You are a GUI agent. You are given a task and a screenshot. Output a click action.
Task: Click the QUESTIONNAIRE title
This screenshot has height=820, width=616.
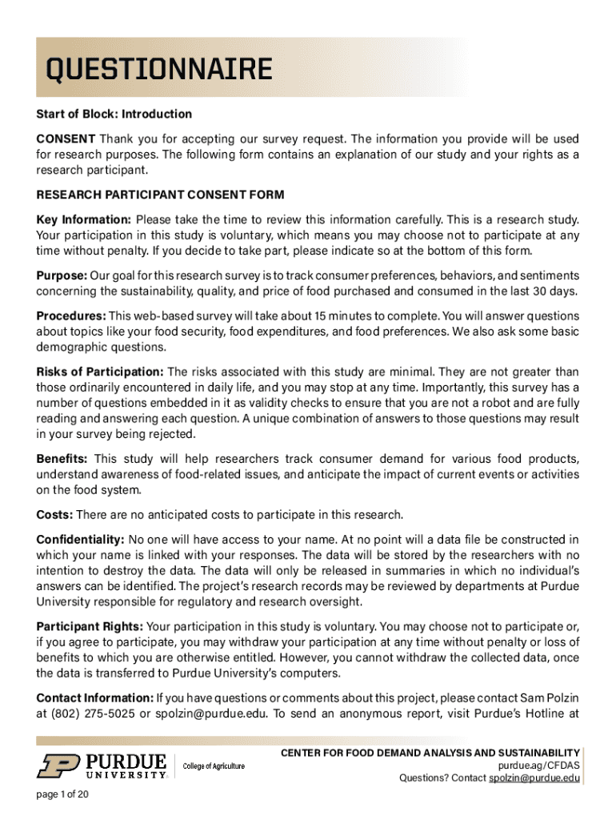pos(158,70)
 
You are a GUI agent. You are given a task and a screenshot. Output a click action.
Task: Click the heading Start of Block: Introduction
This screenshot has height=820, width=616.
pos(114,114)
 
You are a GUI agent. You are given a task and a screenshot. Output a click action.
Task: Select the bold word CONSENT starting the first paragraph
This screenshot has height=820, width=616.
pos(66,139)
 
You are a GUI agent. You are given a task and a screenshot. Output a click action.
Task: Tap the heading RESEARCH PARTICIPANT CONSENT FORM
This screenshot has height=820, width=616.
pos(160,195)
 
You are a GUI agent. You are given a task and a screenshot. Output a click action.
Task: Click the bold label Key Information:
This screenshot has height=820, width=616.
pos(83,219)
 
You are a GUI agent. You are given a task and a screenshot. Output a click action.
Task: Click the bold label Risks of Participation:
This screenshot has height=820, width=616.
pos(100,372)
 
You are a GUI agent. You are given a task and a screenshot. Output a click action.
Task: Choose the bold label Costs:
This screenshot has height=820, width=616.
pos(54,514)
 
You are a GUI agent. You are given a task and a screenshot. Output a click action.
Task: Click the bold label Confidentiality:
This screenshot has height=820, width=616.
pos(80,539)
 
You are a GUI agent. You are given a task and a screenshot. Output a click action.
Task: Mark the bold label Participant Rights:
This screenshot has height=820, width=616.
pos(90,626)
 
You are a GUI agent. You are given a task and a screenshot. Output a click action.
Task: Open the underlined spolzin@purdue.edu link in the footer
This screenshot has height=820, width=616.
pos(534,779)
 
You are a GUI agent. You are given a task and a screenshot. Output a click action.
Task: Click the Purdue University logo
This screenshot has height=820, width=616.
pos(102,765)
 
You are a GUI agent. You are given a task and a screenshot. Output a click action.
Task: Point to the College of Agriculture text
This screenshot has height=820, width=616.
pos(214,766)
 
